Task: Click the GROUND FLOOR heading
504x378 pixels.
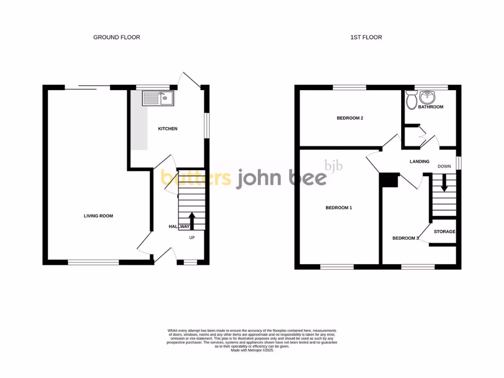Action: click(117, 37)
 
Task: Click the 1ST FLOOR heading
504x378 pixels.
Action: click(366, 37)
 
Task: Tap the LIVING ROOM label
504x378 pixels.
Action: click(98, 216)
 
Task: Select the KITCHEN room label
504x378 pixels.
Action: click(167, 129)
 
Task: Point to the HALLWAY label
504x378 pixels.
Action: click(179, 227)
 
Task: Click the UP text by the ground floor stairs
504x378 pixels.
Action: click(192, 238)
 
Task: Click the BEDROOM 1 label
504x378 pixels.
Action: click(339, 208)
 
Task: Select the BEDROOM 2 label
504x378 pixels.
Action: click(350, 118)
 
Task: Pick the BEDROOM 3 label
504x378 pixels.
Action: click(405, 239)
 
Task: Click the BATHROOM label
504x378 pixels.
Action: click(431, 107)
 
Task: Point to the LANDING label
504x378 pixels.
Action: click(419, 161)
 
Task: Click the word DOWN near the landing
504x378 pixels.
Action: click(444, 166)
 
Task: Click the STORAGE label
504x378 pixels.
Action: click(444, 232)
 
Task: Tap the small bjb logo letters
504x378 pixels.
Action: click(334, 166)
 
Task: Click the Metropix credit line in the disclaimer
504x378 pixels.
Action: click(252, 350)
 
